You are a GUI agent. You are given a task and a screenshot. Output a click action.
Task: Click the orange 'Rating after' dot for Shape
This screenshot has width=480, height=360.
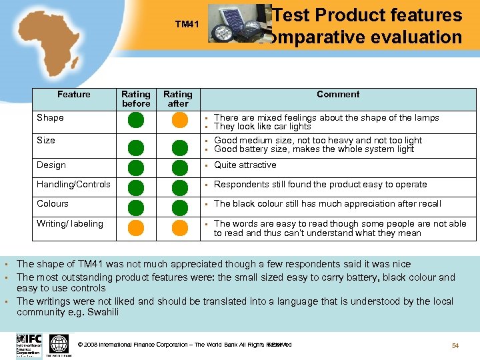[x=179, y=121]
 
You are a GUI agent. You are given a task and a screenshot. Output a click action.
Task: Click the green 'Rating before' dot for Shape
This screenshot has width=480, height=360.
[x=136, y=121]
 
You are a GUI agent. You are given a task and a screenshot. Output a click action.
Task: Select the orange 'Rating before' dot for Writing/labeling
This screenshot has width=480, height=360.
[x=136, y=229]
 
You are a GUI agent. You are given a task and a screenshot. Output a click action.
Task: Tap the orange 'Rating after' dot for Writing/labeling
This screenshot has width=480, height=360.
[x=179, y=229]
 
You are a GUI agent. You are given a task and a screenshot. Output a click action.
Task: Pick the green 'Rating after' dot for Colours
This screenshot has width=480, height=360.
[x=179, y=207]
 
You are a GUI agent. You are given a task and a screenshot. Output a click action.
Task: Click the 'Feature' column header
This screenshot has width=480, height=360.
[x=73, y=95]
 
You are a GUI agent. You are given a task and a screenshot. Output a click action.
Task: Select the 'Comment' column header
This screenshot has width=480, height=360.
[x=338, y=95]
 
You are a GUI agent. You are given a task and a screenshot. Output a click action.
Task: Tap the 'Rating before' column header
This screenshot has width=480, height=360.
[x=136, y=99]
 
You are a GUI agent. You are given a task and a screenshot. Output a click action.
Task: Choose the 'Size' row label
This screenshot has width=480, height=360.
[x=46, y=141]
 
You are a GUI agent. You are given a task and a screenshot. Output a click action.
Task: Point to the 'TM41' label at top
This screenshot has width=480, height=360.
[x=187, y=25]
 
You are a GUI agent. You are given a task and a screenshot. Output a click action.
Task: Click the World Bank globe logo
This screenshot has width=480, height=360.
[x=59, y=344]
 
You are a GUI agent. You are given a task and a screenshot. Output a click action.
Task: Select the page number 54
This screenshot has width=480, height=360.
[x=455, y=345]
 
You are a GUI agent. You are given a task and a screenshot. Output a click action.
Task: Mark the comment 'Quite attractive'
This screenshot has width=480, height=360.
[x=245, y=165]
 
